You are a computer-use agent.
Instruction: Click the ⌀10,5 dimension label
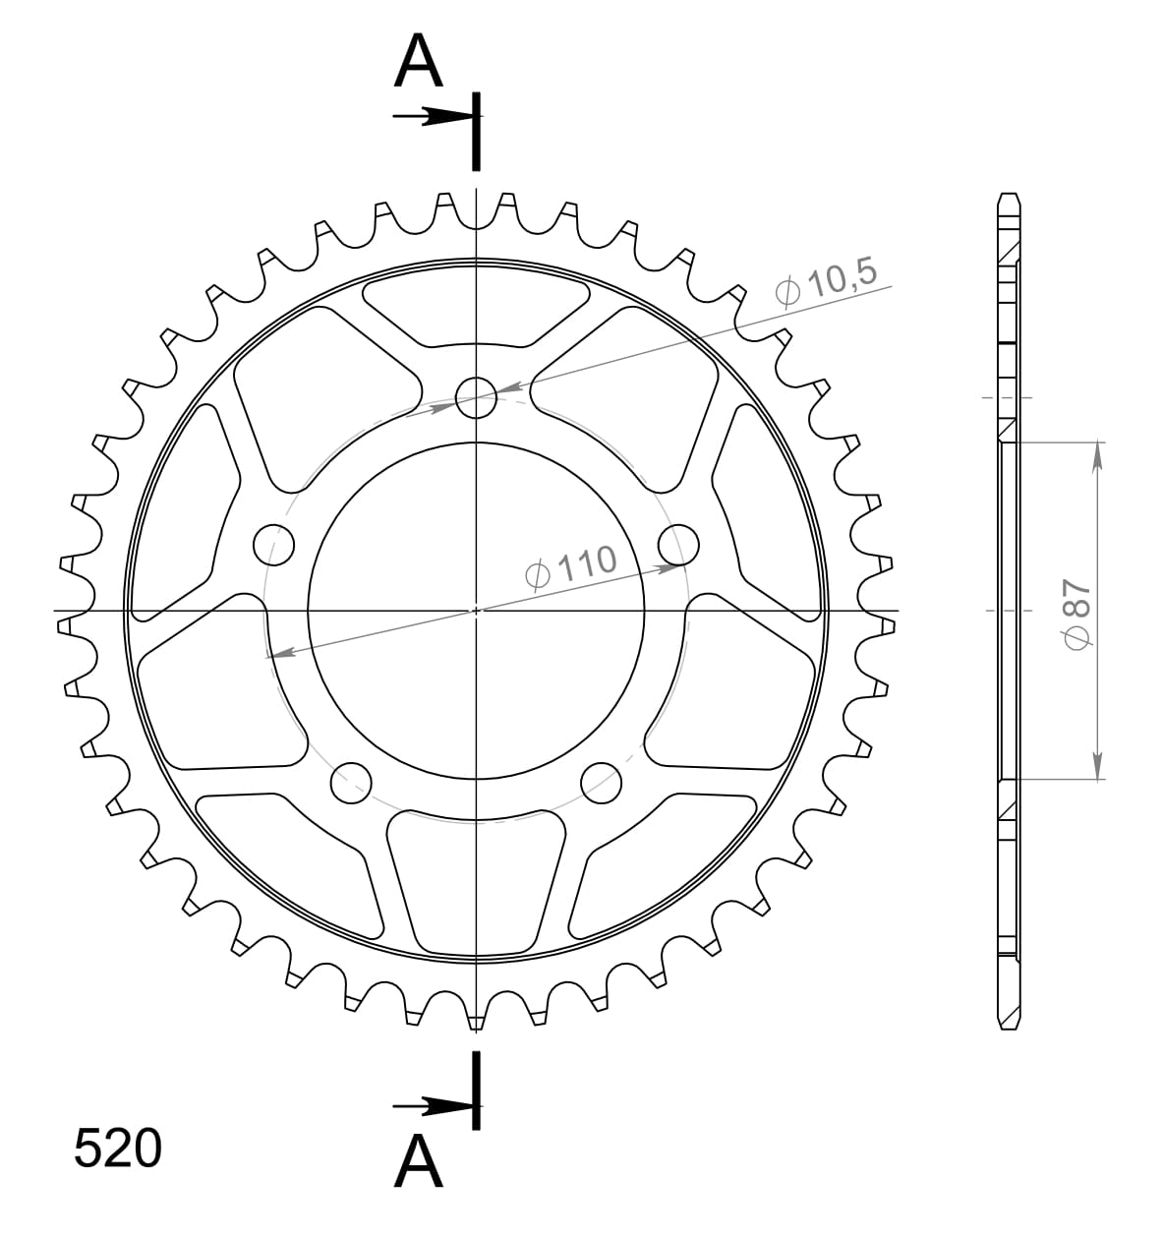pyautogui.click(x=825, y=284)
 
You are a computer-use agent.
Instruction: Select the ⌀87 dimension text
pyautogui.click(x=1076, y=612)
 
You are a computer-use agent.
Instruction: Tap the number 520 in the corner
pyautogui.click(x=118, y=1149)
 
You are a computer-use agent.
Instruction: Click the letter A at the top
pyautogui.click(x=419, y=63)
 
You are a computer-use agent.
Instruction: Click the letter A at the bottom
pyautogui.click(x=419, y=1162)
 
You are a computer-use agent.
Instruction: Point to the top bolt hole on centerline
pyautogui.click(x=477, y=397)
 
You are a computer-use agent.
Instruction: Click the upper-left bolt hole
pyautogui.click(x=274, y=544)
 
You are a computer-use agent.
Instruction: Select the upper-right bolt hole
pyautogui.click(x=678, y=544)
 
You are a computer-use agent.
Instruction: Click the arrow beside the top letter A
pyautogui.click(x=433, y=117)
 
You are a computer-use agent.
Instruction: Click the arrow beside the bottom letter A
pyautogui.click(x=433, y=1106)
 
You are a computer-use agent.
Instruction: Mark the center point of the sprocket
pyautogui.click(x=477, y=611)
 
